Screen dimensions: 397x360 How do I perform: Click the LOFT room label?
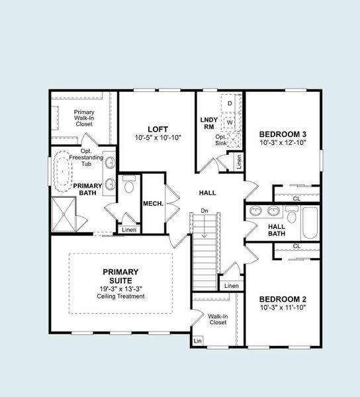[158, 128]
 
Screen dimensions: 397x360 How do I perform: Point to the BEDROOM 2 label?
[282, 298]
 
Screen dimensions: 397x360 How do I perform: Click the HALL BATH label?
[277, 230]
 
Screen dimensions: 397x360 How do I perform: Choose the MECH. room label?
[154, 203]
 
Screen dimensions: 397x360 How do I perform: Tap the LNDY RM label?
[208, 123]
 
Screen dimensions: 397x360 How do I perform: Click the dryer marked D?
[230, 104]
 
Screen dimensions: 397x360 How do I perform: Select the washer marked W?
[230, 122]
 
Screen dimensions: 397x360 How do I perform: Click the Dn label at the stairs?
[205, 212]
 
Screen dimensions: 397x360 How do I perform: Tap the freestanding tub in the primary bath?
[64, 170]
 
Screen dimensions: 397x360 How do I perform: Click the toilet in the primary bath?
[128, 183]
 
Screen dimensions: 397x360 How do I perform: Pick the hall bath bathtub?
[309, 223]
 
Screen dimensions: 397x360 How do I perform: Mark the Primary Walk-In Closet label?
[84, 118]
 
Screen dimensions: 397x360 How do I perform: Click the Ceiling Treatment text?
[120, 296]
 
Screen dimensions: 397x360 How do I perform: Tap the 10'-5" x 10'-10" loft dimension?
[158, 138]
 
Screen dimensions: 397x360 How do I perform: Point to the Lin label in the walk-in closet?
[197, 341]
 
